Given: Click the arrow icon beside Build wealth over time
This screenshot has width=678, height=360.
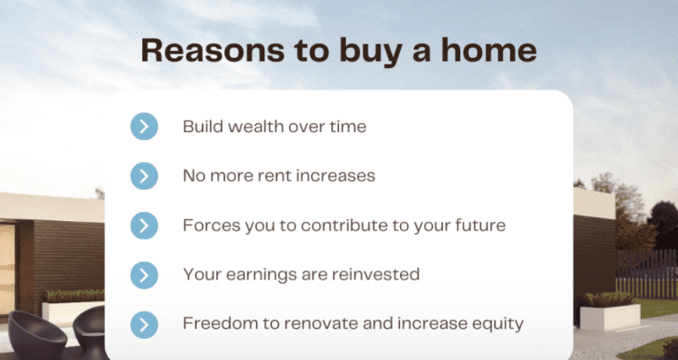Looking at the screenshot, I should (x=144, y=126).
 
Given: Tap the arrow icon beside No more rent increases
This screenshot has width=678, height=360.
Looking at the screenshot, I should (x=144, y=176).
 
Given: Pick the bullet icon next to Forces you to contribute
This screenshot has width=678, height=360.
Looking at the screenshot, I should (x=144, y=225).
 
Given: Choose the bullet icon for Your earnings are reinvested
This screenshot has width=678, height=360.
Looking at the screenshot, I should (x=144, y=275).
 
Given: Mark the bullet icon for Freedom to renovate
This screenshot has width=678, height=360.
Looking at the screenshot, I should (x=144, y=324).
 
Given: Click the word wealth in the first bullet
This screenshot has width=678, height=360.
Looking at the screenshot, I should (x=253, y=126).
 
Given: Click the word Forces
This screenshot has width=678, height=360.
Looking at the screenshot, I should (x=208, y=225).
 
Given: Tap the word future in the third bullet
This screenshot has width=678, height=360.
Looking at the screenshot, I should (x=478, y=225).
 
